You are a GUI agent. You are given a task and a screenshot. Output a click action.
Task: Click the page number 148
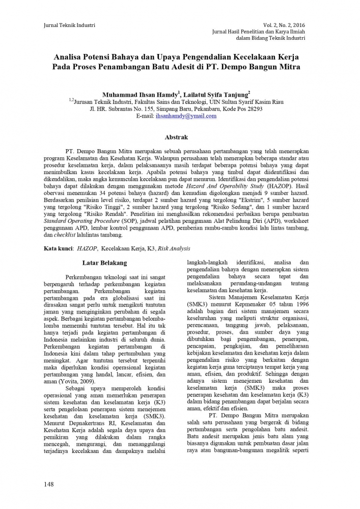coord(49,484)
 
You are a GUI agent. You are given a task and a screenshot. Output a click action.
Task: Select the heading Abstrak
coord(176,137)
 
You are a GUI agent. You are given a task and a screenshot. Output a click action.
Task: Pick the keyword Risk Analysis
coord(174,248)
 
